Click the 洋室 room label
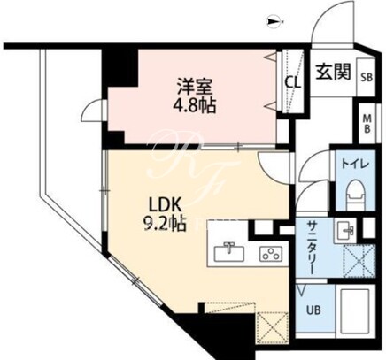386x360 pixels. pyautogui.click(x=194, y=86)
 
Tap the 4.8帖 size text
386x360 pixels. pyautogui.click(x=194, y=105)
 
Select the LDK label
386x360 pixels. pyautogui.click(x=165, y=204)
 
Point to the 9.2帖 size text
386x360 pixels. pyautogui.click(x=165, y=224)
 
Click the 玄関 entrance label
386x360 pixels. pyautogui.click(x=334, y=72)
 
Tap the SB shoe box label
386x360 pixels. pyautogui.click(x=367, y=77)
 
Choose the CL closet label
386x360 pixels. pyautogui.click(x=292, y=83)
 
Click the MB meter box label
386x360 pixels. pyautogui.click(x=367, y=124)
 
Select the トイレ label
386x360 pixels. pyautogui.click(x=356, y=164)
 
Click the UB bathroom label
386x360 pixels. pyautogui.click(x=313, y=310)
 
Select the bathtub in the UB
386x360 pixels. pyautogui.click(x=355, y=311)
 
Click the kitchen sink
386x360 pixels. pyautogui.click(x=229, y=252)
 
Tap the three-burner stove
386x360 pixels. pyautogui.click(x=271, y=254)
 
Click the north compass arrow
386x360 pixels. pyautogui.click(x=274, y=21)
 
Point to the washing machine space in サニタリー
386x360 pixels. pyautogui.click(x=359, y=261)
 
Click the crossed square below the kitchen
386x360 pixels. pyautogui.click(x=272, y=328)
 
